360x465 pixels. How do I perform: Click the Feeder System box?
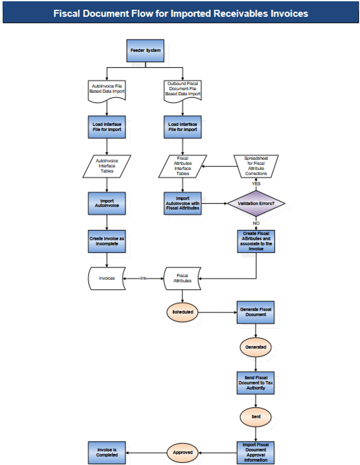[x=145, y=51]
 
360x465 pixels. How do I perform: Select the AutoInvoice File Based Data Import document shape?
[x=107, y=89]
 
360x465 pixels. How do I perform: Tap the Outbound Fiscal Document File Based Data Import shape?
[x=182, y=89]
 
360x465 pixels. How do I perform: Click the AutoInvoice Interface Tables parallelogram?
[x=107, y=166]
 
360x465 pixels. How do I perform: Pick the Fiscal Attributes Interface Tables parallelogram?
[x=182, y=166]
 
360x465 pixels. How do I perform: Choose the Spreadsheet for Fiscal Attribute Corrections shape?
[x=256, y=166]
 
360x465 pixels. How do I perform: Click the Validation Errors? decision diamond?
[x=256, y=204]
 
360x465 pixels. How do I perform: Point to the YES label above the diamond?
[x=256, y=184]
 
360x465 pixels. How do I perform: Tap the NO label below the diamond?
[x=256, y=223]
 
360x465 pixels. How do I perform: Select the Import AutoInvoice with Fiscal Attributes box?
[x=182, y=203]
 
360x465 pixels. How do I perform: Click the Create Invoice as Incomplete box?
[x=107, y=241]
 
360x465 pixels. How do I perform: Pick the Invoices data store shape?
[x=107, y=279]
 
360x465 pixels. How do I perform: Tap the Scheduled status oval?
[x=182, y=312]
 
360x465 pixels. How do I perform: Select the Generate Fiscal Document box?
[x=255, y=312]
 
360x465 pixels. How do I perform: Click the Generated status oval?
[x=255, y=347]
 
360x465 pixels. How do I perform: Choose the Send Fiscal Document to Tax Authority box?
[x=255, y=382]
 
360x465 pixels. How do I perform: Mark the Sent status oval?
[x=255, y=417]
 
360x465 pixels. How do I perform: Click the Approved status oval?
[x=182, y=453]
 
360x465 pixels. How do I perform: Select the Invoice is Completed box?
[x=107, y=452]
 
